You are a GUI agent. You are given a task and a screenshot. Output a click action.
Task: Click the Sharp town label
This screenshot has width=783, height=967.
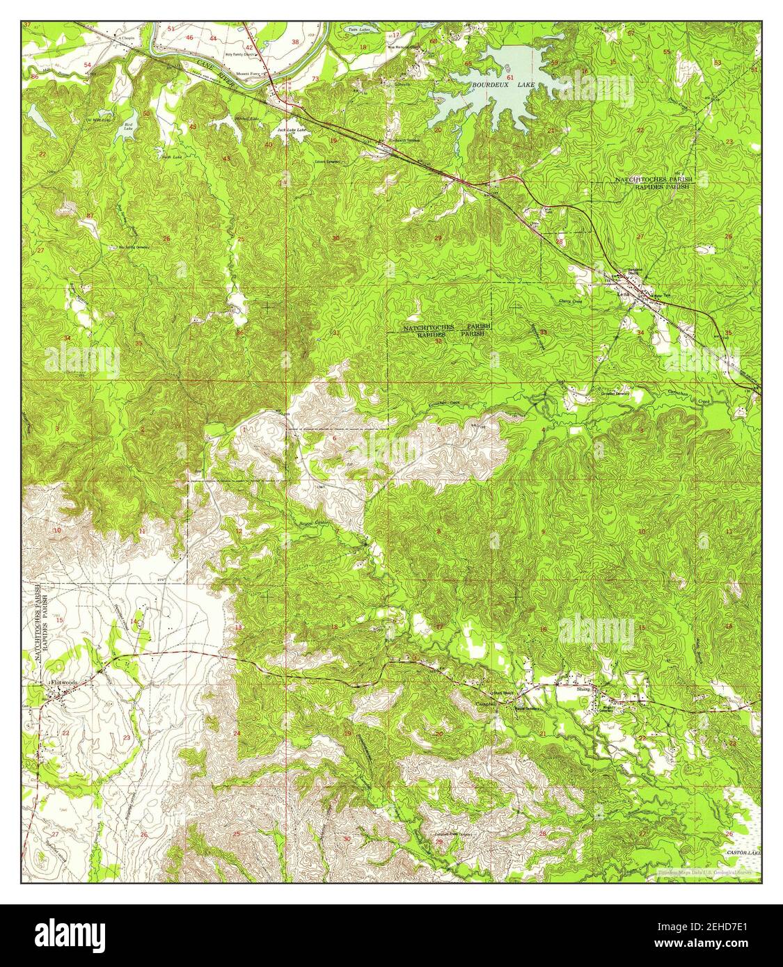pos(583,689)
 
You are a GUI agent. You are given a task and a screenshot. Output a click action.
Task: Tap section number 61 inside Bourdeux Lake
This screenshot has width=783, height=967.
pos(510,78)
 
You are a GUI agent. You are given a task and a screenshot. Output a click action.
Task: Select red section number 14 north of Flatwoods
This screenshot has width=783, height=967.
pos(133,622)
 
